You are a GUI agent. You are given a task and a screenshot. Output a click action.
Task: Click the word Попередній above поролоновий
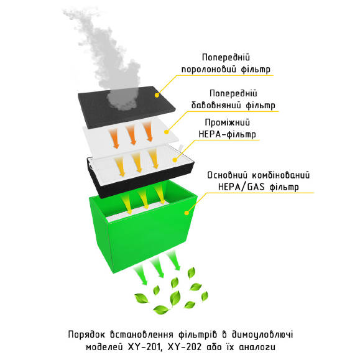(226, 57)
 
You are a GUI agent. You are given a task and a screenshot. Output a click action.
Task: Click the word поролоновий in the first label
(209, 70)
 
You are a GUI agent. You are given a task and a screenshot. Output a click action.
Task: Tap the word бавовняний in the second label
(216, 105)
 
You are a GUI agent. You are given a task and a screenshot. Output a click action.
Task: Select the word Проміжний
(227, 122)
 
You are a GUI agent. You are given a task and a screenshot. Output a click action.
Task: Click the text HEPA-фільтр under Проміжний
(227, 134)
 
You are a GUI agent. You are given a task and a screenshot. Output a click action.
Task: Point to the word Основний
(228, 175)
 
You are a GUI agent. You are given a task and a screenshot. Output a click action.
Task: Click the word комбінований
(281, 175)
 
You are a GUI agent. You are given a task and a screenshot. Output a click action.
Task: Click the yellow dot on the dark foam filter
(157, 95)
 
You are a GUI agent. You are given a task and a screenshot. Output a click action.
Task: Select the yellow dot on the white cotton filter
(167, 132)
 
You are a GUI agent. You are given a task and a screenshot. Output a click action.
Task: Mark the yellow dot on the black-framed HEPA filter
(175, 160)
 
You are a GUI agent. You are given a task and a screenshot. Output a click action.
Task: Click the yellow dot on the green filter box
(187, 213)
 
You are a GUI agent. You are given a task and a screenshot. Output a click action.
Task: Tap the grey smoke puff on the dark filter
(123, 98)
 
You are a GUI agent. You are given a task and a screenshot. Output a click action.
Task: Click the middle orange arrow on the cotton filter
(131, 135)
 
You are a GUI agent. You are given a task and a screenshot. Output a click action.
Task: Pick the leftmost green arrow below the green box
(141, 274)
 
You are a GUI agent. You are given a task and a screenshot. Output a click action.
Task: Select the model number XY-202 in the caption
(185, 347)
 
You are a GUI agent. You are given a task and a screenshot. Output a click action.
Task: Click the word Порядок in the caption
(86, 335)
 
